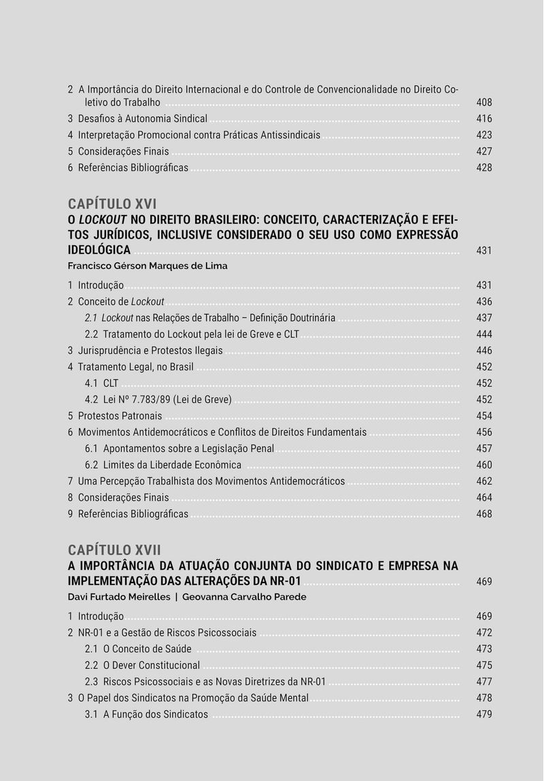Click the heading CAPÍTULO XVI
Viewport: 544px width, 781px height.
click(x=112, y=204)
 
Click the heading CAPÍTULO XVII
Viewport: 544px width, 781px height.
click(x=114, y=549)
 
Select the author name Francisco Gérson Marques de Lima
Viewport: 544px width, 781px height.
click(x=148, y=266)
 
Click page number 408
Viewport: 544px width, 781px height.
click(x=483, y=103)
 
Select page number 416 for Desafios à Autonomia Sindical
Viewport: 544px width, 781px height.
click(x=483, y=119)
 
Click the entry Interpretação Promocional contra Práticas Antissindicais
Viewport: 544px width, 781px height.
click(x=199, y=135)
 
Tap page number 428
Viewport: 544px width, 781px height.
click(x=483, y=168)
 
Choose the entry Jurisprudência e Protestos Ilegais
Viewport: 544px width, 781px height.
click(x=150, y=351)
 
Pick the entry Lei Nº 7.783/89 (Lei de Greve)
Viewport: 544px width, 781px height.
click(x=167, y=400)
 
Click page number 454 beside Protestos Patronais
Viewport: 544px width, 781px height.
click(x=483, y=416)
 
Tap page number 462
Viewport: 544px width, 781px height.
click(x=483, y=481)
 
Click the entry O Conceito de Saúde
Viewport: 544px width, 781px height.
click(x=147, y=649)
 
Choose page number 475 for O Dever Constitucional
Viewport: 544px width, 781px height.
click(x=483, y=665)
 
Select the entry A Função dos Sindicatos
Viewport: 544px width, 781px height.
click(x=155, y=714)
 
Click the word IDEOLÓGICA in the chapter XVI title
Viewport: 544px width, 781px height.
click(x=99, y=250)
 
